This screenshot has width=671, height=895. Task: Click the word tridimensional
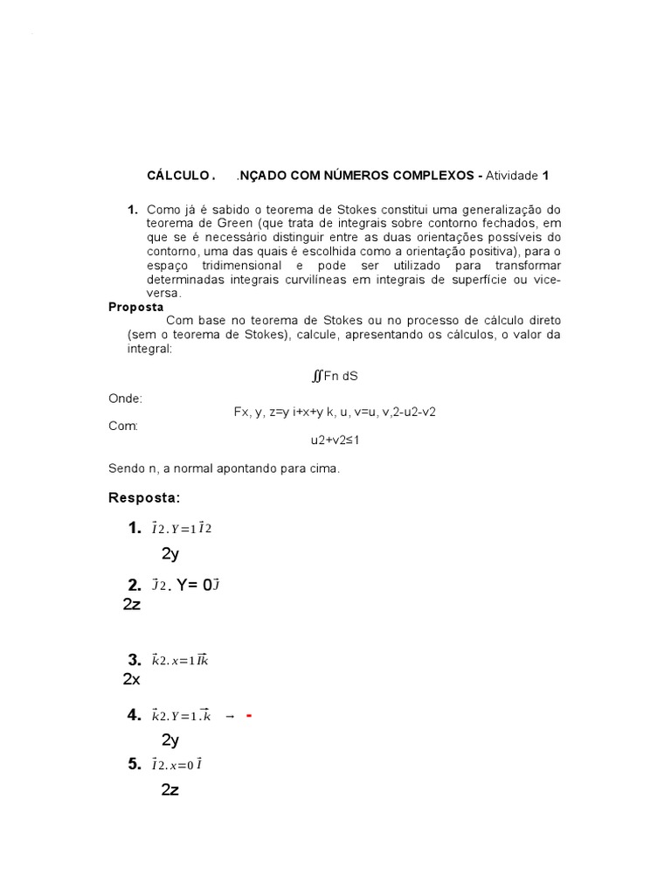click(234, 266)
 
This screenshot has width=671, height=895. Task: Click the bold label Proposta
click(135, 307)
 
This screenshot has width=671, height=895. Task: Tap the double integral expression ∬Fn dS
click(335, 376)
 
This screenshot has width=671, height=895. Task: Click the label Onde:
click(125, 398)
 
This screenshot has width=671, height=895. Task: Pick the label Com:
click(123, 426)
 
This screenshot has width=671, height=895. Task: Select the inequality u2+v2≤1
click(335, 440)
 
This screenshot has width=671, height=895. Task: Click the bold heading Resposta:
click(144, 497)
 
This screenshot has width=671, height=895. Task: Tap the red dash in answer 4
click(249, 716)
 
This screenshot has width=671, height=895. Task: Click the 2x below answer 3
click(132, 679)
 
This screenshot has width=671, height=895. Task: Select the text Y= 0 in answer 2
click(194, 585)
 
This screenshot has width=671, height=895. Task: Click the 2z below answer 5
click(170, 790)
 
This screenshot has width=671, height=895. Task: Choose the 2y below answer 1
click(170, 553)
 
